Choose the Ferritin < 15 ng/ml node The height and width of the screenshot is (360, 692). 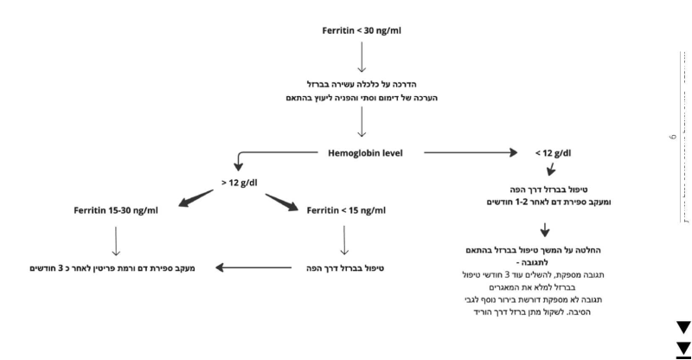coord(346,210)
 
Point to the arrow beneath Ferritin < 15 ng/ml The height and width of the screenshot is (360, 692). coord(346,239)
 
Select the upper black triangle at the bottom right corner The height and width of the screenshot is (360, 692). coord(683,327)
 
